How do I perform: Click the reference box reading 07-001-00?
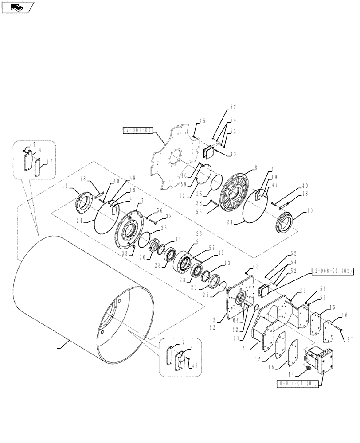[138, 130]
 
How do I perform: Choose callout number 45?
[203, 121]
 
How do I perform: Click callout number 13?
[227, 263]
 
